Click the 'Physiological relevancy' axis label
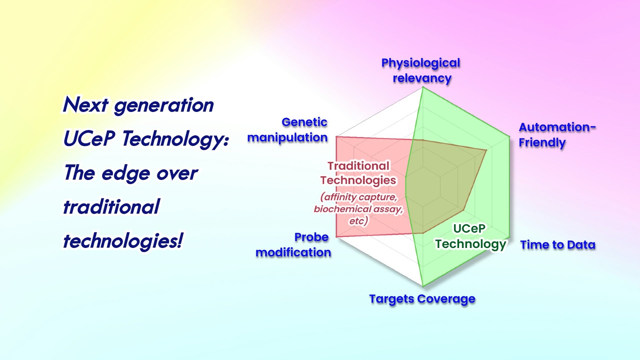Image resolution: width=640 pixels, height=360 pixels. coord(421,70)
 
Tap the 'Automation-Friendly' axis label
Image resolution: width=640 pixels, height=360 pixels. coord(557,135)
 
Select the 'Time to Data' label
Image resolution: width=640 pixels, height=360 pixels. coord(558,245)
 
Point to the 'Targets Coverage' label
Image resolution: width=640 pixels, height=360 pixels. coord(422,299)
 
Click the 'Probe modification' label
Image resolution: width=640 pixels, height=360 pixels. coord(293,245)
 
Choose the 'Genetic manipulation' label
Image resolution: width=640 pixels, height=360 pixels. coord(287,130)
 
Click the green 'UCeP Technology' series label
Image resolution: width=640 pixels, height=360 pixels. coord(470,236)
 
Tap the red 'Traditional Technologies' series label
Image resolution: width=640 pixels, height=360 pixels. coord(358,173)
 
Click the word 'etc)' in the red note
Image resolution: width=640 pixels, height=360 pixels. coord(359,221)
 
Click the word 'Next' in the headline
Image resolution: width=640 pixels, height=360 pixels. coord(85,105)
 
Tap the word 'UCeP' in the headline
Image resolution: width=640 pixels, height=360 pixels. coord(89,139)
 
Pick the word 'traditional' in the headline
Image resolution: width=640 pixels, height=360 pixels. coord(112,207)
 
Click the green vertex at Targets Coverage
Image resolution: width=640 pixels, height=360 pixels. coord(423,286)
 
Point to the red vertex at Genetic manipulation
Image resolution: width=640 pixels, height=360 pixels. coord(336,137)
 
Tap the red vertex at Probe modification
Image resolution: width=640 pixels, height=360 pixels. coord(336,237)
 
